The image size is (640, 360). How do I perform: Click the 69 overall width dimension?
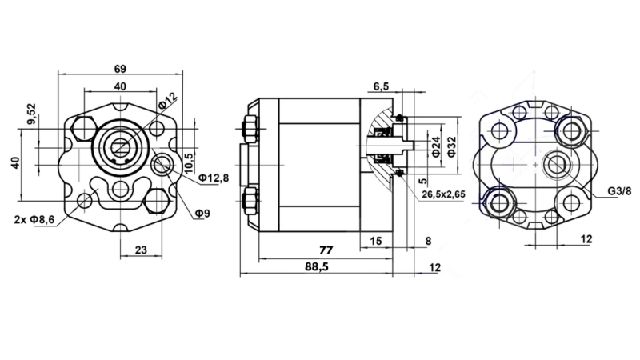tap(119, 68)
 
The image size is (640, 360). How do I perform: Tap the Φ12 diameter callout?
tap(168, 102)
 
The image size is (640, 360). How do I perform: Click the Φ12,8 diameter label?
tap(214, 177)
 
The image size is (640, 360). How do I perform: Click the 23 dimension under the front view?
tap(140, 250)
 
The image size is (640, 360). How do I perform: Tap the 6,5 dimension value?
tap(381, 86)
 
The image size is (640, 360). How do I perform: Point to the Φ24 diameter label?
tap(436, 146)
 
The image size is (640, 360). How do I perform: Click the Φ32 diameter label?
tap(452, 146)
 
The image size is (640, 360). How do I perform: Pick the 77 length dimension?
tap(325, 250)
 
